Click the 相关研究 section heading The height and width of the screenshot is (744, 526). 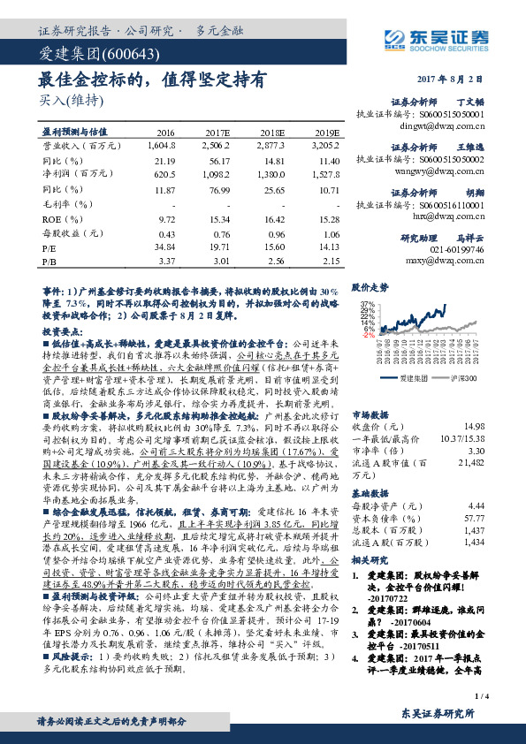click(x=367, y=561)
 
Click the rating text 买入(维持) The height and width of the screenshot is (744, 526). click(x=66, y=99)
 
